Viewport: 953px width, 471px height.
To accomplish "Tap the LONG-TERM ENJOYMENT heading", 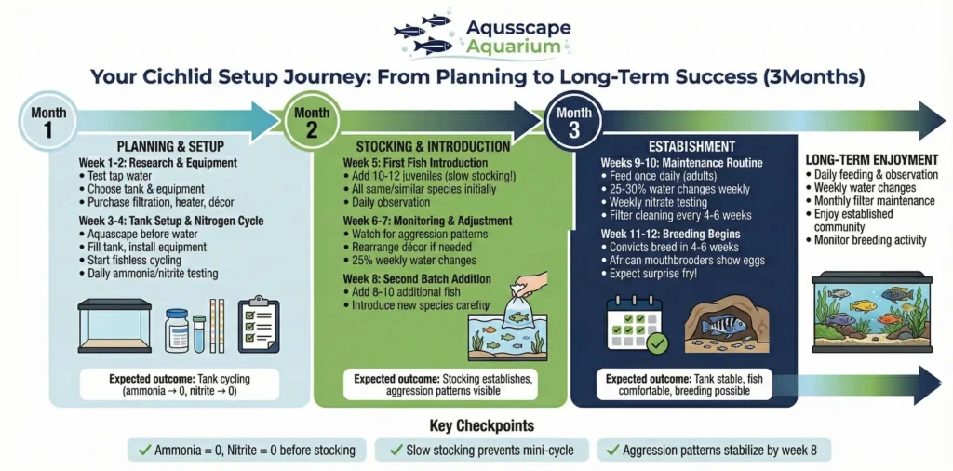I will coord(871,160).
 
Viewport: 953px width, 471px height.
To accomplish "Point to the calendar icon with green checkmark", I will coord(636,322).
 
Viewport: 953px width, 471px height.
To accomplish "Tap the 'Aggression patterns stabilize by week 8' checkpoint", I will coord(712,451).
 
